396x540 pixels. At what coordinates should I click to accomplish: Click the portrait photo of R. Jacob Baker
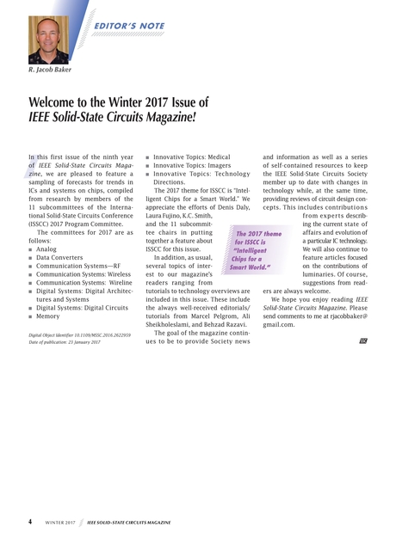pyautogui.click(x=49, y=39)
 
